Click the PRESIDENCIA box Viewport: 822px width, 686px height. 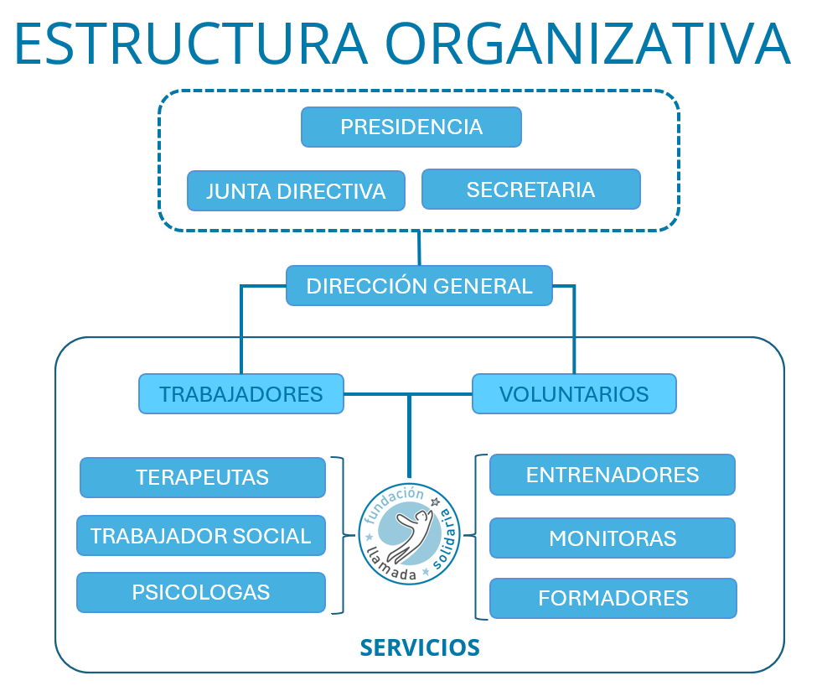click(x=411, y=127)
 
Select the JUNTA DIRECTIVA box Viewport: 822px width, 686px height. click(x=296, y=191)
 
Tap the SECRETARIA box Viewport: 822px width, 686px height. click(x=530, y=190)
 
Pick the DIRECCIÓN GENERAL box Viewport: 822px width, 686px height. click(x=419, y=286)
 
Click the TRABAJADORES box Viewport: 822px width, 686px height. click(x=241, y=394)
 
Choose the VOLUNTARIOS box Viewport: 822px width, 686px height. click(x=574, y=394)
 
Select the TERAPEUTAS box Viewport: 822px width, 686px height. click(x=202, y=478)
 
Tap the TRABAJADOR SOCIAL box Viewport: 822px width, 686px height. click(x=201, y=536)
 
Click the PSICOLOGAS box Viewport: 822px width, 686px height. click(x=201, y=593)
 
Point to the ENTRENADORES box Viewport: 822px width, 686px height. click(x=613, y=475)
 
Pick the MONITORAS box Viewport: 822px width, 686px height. click(x=613, y=538)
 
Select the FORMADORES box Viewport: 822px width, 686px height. click(x=613, y=599)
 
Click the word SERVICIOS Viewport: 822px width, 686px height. click(x=420, y=647)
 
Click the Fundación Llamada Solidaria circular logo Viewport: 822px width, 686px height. click(x=411, y=534)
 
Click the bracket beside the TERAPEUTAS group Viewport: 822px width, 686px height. click(x=342, y=534)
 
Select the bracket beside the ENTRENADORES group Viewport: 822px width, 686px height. click(x=478, y=537)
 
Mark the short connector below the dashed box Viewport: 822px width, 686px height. click(x=418, y=248)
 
